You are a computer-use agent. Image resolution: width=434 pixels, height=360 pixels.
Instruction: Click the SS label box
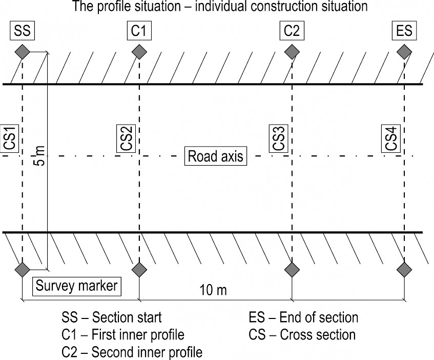point(22,30)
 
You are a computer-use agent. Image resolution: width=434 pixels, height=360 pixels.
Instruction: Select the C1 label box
point(139,30)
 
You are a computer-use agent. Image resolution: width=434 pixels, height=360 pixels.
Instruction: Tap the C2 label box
point(292,30)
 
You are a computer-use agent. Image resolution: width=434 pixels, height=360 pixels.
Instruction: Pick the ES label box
point(404,30)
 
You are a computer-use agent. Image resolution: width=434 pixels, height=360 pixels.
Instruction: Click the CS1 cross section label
point(10,138)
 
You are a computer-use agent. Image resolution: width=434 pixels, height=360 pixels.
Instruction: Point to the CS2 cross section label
point(126,138)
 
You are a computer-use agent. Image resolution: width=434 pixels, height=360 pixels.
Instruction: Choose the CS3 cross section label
point(279,138)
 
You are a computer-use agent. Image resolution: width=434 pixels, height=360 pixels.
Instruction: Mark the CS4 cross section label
point(391,138)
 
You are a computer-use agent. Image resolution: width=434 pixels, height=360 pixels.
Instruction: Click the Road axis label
point(216,156)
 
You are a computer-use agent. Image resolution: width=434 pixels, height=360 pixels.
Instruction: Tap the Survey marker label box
point(77,286)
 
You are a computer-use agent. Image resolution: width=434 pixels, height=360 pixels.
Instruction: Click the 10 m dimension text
point(213,290)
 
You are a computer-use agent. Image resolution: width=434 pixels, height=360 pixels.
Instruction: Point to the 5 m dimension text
point(40,155)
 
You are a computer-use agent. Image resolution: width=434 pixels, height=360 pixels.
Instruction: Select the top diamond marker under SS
point(22,52)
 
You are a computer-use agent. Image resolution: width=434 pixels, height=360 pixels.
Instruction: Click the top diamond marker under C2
point(292,52)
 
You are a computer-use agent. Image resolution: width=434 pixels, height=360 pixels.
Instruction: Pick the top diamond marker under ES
point(404,52)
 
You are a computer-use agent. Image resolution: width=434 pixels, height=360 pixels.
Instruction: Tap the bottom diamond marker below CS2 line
point(139,269)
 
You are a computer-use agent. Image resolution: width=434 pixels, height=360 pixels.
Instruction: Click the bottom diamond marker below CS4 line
point(404,269)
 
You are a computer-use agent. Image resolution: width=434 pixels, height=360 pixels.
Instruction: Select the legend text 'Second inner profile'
point(147,352)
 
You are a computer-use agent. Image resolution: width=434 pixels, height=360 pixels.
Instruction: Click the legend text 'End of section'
point(319,317)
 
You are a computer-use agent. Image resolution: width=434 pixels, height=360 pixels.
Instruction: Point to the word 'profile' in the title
point(113,6)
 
